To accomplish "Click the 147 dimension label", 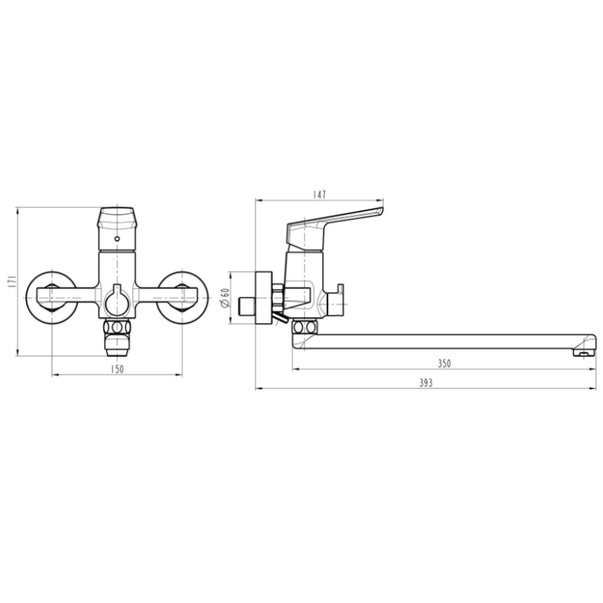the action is tap(319, 194).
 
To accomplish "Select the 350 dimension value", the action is tap(444, 363).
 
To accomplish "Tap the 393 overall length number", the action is tap(425, 383).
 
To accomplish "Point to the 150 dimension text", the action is tap(117, 369).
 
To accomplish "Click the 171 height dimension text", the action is tap(11, 281).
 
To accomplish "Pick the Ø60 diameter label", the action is tap(225, 297).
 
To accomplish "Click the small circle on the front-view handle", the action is tap(117, 239).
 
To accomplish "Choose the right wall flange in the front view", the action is tap(183, 297).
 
